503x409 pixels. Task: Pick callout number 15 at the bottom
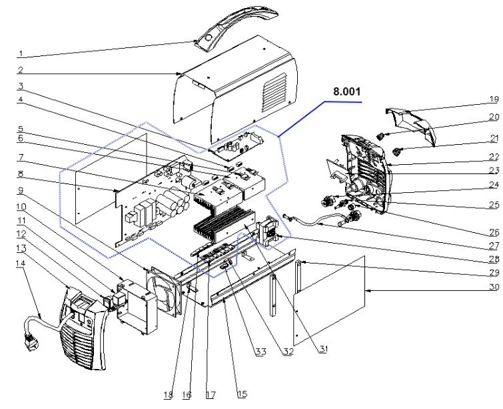click(241, 394)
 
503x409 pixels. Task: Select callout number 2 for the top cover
click(21, 69)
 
